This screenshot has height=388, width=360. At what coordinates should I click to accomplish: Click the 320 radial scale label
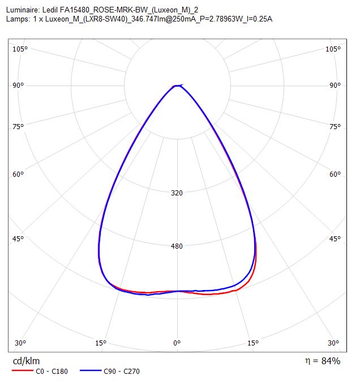click(177, 193)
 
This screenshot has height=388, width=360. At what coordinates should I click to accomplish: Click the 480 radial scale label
click(177, 246)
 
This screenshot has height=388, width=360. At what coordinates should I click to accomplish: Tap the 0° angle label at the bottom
click(177, 343)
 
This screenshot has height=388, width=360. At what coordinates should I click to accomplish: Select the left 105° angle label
click(20, 49)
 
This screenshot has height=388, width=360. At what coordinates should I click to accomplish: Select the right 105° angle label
click(333, 49)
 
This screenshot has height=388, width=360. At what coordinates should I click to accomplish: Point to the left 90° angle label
click(18, 86)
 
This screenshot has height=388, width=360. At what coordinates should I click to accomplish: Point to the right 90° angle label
click(335, 86)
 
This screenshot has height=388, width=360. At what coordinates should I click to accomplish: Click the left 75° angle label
click(18, 127)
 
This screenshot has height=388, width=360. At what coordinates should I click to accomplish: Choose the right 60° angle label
click(335, 174)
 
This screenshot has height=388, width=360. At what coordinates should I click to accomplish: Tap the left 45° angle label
click(18, 239)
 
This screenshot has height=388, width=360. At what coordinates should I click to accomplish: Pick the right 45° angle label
click(335, 239)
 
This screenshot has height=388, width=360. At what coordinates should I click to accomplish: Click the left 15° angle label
click(101, 343)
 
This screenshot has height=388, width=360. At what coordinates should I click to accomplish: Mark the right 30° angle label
click(333, 343)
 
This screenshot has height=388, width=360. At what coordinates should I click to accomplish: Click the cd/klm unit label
click(26, 361)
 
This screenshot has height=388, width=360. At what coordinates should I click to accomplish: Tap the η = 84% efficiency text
click(323, 361)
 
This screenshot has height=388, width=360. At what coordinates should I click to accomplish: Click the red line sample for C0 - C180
click(23, 370)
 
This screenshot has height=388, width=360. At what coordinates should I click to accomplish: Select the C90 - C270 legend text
click(122, 371)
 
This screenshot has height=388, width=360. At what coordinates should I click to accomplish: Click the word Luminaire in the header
click(23, 10)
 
